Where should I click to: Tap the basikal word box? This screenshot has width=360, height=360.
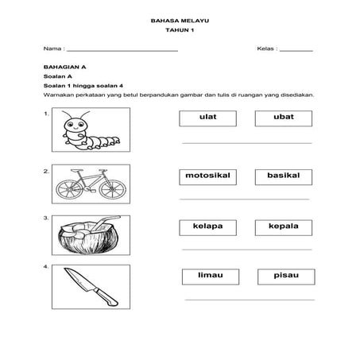point(283,176)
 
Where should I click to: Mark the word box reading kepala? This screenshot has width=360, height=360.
point(283,227)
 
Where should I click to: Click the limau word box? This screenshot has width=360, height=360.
point(211,277)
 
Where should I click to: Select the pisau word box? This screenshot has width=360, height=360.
point(285,277)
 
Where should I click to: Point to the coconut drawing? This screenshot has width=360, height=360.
point(87,237)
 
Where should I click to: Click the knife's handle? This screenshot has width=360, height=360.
point(103,295)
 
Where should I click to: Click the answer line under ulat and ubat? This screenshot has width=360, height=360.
point(246,143)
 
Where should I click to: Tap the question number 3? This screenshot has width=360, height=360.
point(47,218)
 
